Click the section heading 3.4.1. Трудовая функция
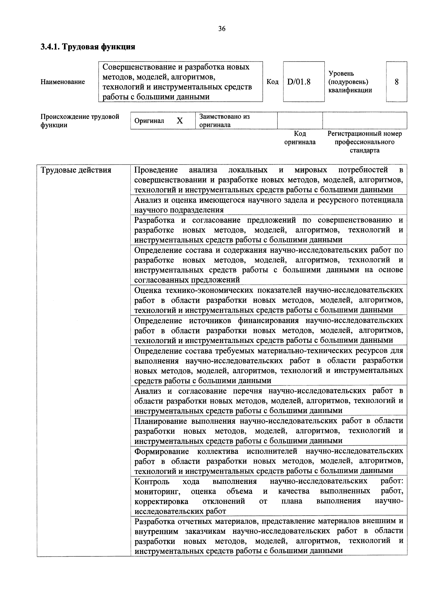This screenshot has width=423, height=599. [88, 47]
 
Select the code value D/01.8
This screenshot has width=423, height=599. [299, 82]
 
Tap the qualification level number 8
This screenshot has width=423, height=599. [396, 82]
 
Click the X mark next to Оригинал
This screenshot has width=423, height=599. [180, 121]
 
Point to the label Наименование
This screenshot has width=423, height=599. [63, 82]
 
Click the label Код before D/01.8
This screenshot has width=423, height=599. [272, 82]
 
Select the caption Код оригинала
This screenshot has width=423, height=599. [300, 138]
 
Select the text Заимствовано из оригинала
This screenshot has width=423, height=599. [224, 121]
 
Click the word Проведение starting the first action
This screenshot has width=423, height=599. [156, 170]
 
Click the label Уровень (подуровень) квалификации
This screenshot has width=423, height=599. [350, 82]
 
